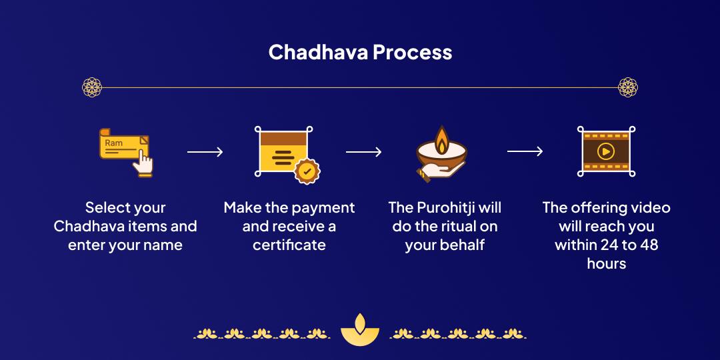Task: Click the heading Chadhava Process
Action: [360, 52]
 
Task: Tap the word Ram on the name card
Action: [114, 143]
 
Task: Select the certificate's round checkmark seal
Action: [307, 171]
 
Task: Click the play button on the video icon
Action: [606, 151]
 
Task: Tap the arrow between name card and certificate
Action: [205, 152]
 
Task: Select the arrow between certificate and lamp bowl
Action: [364, 152]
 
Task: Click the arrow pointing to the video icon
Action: [525, 152]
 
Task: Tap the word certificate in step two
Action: [289, 245]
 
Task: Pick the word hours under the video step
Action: [606, 263]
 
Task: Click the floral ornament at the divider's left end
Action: [91, 87]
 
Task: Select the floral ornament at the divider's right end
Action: [628, 87]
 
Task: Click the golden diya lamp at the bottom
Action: [359, 328]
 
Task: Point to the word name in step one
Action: [163, 245]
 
